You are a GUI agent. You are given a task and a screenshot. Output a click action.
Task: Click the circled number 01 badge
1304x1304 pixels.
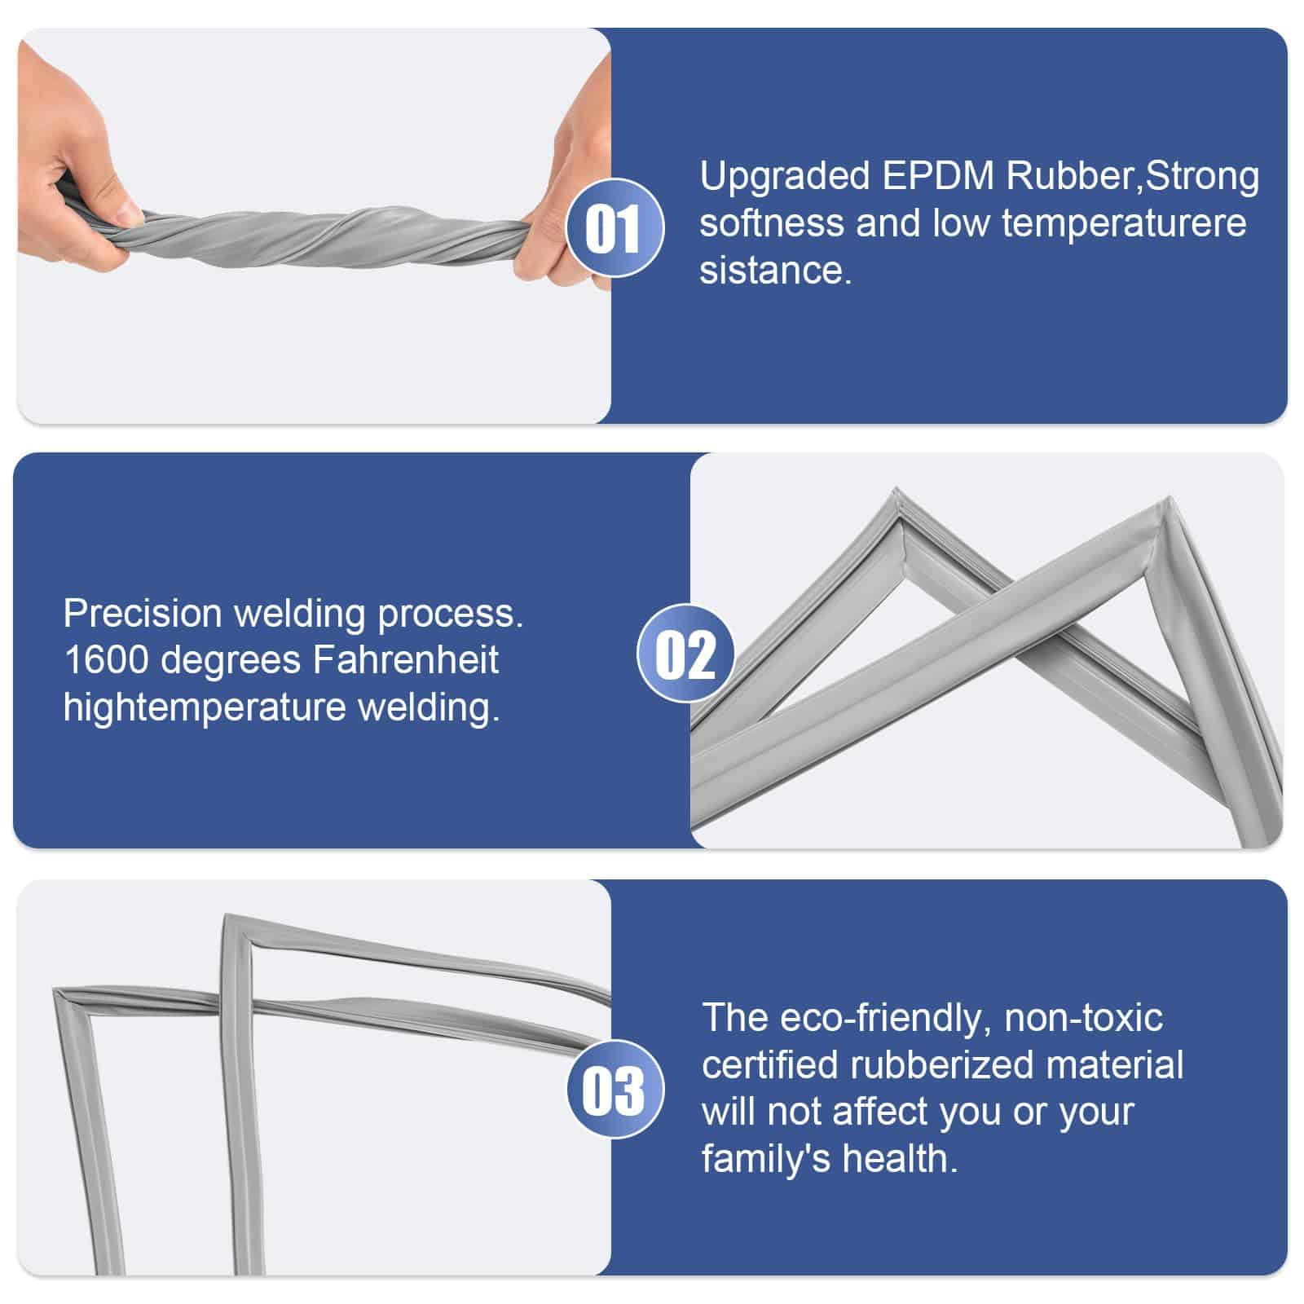click(615, 227)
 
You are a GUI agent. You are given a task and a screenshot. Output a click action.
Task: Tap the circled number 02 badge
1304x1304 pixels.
click(685, 653)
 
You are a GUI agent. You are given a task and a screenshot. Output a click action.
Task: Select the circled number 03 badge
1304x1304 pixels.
click(615, 1089)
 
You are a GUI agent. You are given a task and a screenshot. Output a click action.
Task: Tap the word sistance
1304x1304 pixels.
click(775, 270)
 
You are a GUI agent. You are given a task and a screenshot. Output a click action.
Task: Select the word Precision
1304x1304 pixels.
click(143, 613)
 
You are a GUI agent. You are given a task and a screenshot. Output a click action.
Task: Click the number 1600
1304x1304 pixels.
click(105, 660)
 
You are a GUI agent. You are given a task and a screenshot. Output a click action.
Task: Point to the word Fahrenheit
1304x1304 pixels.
click(405, 660)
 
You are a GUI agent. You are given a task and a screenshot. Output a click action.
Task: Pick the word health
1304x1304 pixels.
click(901, 1158)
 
